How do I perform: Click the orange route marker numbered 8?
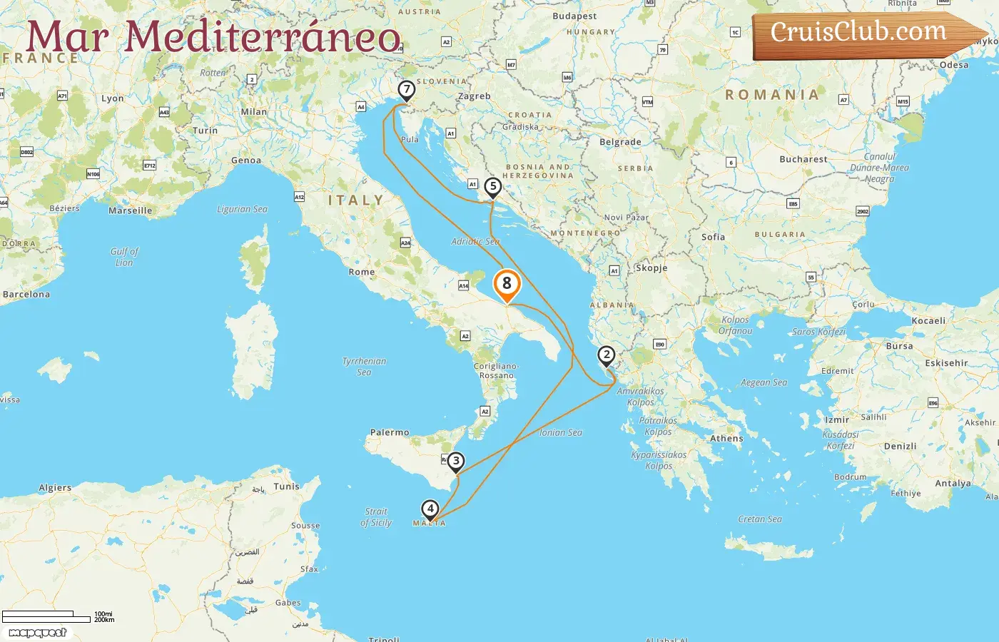(507, 284)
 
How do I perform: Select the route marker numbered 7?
(406, 90)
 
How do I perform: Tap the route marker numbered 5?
(492, 187)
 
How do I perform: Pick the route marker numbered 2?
(606, 355)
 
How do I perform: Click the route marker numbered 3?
(456, 462)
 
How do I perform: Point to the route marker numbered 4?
(430, 509)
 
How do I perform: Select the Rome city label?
(362, 272)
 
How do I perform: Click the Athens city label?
(726, 439)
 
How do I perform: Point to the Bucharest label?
(803, 159)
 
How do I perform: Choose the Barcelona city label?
(26, 294)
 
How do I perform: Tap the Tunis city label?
(287, 486)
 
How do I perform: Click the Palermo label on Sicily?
(390, 432)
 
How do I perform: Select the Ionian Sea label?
(561, 432)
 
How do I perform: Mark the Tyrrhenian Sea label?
(364, 366)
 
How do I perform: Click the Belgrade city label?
(620, 142)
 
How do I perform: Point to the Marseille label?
(130, 210)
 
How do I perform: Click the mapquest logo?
(37, 633)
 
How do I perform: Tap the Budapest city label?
(574, 16)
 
